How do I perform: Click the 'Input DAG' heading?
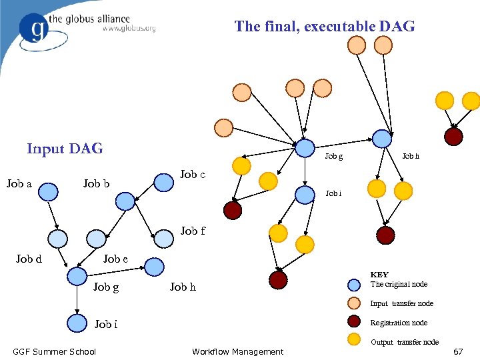[65, 148]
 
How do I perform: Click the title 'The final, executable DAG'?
[324, 27]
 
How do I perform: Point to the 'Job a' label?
[19, 183]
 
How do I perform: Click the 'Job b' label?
[97, 183]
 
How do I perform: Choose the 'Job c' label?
[193, 175]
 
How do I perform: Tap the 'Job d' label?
[29, 259]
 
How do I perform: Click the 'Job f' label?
[193, 231]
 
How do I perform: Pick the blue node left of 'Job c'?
[163, 183]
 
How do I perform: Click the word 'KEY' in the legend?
[379, 274]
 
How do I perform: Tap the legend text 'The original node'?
[399, 284]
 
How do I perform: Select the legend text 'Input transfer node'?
[401, 303]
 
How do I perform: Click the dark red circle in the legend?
[355, 322]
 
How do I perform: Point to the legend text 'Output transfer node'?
[404, 342]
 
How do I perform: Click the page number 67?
[458, 351]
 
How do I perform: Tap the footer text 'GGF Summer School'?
[55, 351]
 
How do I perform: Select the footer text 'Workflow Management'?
[237, 351]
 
